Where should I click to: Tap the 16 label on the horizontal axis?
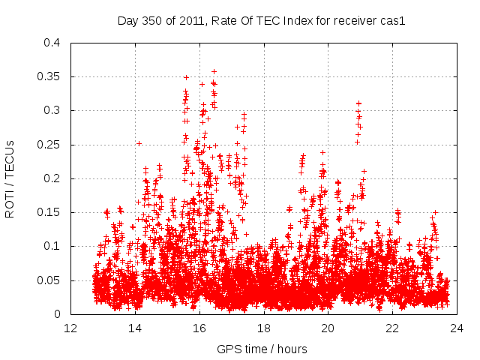click(199, 328)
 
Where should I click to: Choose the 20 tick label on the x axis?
click(328, 328)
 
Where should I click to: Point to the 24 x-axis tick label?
click(457, 328)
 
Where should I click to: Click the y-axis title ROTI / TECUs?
click(10, 178)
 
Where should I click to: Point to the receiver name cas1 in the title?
click(393, 21)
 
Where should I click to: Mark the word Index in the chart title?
click(298, 21)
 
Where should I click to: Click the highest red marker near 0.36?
click(214, 72)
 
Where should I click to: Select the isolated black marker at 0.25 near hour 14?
click(139, 143)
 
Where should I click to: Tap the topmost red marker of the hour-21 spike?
click(358, 103)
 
